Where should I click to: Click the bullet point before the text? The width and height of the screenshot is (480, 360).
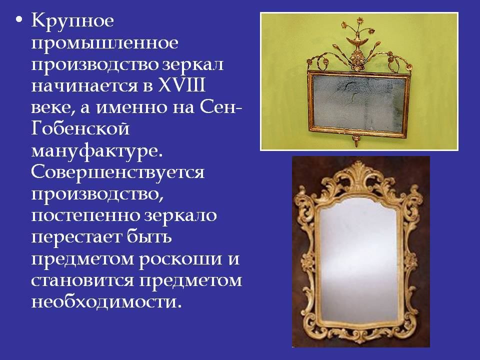pos(19,19)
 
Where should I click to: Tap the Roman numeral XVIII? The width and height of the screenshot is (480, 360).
pos(181,85)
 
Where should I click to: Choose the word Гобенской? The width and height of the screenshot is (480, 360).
pos(80,128)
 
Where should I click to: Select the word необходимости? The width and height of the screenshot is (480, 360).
pos(104,301)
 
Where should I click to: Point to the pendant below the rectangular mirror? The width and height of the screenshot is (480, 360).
pos(355,140)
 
